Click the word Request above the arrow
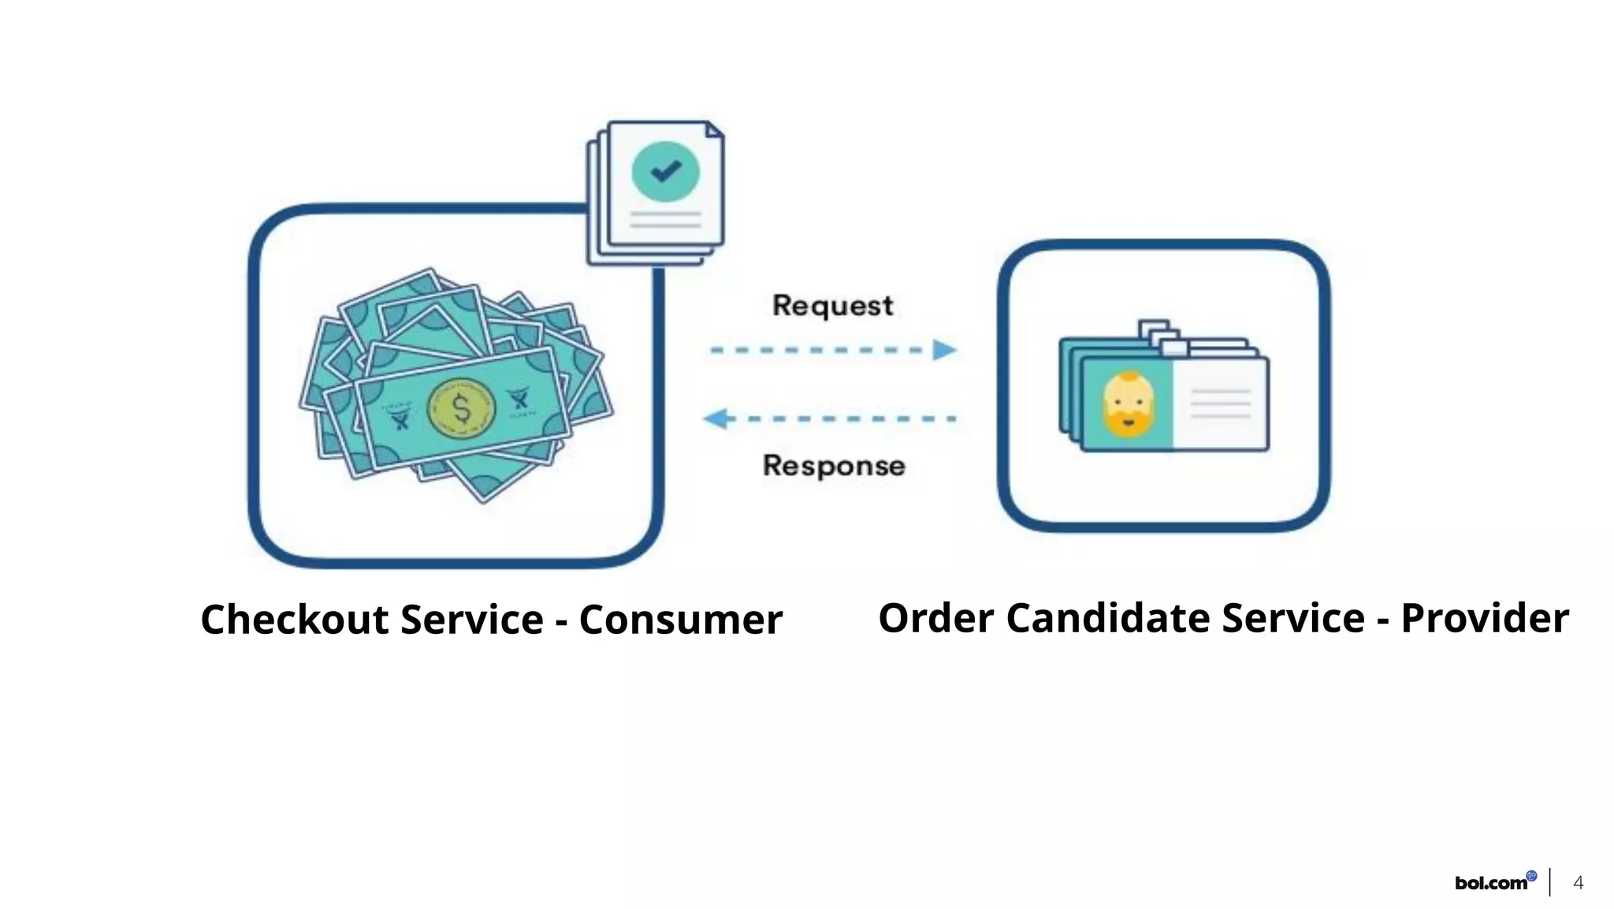[x=832, y=306]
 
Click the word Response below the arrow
[x=833, y=466]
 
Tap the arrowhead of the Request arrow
[x=944, y=350]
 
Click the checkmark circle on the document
[x=665, y=171]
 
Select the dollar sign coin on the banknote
[x=461, y=408]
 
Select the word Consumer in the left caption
[x=681, y=620]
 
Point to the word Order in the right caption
[x=935, y=618]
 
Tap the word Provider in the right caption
[x=1484, y=618]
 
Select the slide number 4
[x=1578, y=883]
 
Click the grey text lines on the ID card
[x=1220, y=404]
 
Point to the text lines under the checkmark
[x=665, y=220]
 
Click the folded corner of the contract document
[x=714, y=130]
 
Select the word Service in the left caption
[x=472, y=620]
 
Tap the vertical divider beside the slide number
[x=1549, y=882]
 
